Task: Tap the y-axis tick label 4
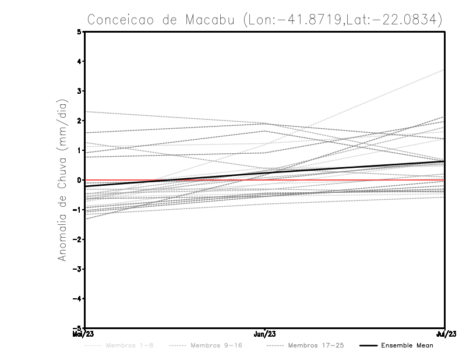(80, 61)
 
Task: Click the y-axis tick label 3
(80, 91)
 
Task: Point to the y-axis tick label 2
(80, 121)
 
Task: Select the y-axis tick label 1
(80, 150)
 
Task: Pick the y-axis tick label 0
(80, 180)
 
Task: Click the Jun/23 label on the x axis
(265, 334)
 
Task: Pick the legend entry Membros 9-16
(216, 346)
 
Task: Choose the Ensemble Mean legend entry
(407, 346)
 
